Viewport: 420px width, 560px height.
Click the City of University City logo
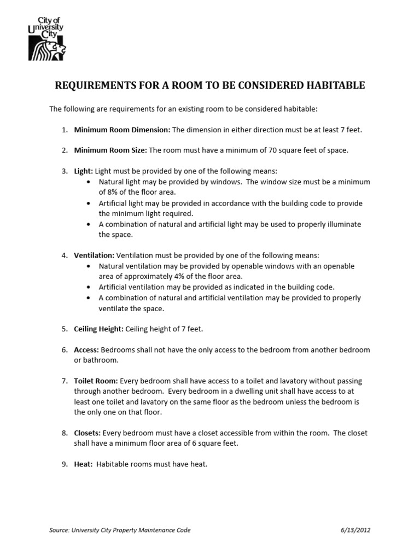[47, 38]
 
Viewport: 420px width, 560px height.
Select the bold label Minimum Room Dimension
[122, 130]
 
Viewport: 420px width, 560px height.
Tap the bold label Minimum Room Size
[110, 150]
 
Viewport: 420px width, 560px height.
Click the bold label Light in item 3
[84, 171]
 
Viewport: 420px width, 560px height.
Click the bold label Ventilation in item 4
[94, 255]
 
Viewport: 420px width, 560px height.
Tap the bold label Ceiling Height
[99, 329]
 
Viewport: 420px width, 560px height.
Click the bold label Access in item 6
[86, 349]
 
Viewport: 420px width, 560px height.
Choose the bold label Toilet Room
[96, 381]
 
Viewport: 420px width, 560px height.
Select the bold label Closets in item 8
[87, 433]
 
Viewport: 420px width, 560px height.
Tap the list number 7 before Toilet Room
[64, 381]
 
